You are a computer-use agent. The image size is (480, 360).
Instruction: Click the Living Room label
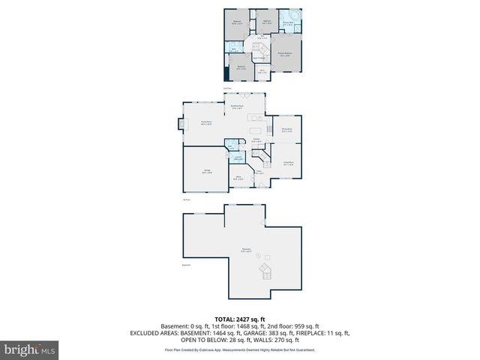point(287,164)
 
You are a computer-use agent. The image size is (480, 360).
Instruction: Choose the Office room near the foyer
point(238,178)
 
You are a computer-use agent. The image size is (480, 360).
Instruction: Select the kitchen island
point(257,118)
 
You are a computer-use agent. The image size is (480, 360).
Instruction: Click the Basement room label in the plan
point(246,251)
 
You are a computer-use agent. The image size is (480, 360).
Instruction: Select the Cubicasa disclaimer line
point(240,349)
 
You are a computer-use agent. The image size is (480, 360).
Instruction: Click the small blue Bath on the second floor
point(237,51)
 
